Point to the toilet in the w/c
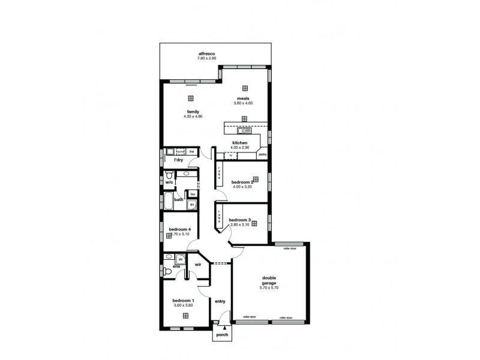pyautogui.click(x=171, y=175)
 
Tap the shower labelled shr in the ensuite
pyautogui.click(x=179, y=259)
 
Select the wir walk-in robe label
pyautogui.click(x=197, y=264)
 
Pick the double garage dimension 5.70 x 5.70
pyautogui.click(x=269, y=288)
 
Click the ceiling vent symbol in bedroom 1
pyautogui.click(x=185, y=315)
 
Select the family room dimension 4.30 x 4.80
pyautogui.click(x=193, y=116)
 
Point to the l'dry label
pyautogui.click(x=178, y=161)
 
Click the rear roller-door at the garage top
pyautogui.click(x=292, y=247)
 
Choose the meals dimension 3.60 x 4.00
pyautogui.click(x=243, y=103)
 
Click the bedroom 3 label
pyautogui.click(x=240, y=220)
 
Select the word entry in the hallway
pyautogui.click(x=220, y=301)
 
